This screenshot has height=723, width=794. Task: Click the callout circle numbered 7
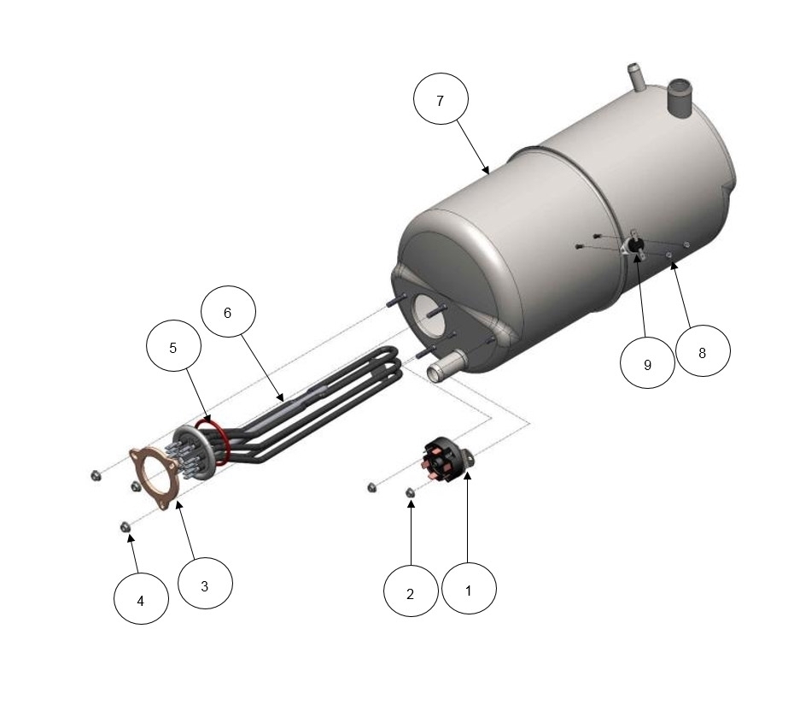(x=441, y=99)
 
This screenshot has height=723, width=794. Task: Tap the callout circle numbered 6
(x=228, y=311)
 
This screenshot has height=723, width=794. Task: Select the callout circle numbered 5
(x=173, y=346)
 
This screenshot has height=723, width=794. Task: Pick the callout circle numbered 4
(x=141, y=599)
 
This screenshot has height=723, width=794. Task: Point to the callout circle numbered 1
(x=469, y=589)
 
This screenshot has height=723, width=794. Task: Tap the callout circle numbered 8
(x=703, y=351)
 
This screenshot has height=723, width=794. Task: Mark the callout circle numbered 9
(x=647, y=362)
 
